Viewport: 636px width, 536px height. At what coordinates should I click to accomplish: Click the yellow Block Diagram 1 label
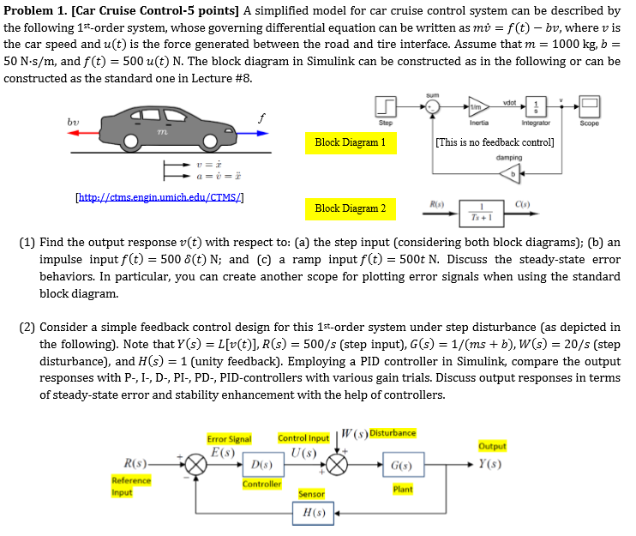click(351, 142)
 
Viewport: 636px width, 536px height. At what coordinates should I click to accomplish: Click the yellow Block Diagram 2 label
click(351, 208)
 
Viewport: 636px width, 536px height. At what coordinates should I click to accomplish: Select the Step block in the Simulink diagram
click(386, 106)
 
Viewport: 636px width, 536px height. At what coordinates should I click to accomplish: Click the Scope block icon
click(589, 106)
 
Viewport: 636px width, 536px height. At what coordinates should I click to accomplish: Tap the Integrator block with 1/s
click(537, 106)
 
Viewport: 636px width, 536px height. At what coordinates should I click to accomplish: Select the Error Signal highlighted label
click(229, 438)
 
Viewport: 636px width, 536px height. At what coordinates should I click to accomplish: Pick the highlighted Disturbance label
click(393, 432)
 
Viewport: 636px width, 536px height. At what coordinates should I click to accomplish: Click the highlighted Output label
click(492, 446)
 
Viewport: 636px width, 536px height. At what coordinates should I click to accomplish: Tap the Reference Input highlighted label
click(131, 485)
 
